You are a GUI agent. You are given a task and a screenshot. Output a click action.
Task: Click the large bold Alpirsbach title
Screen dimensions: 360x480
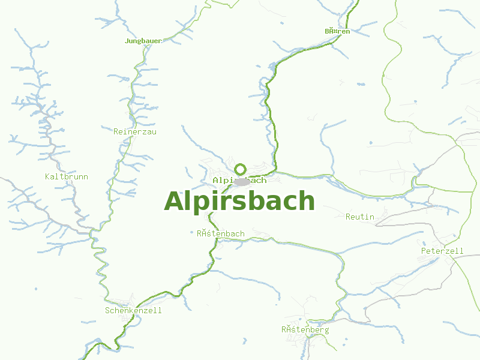click(x=239, y=201)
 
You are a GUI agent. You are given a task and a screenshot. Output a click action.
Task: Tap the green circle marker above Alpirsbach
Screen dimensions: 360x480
click(x=241, y=169)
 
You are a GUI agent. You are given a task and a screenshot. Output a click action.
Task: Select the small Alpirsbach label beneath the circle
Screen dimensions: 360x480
click(x=239, y=180)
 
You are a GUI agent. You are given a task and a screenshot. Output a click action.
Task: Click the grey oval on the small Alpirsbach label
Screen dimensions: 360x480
click(x=242, y=181)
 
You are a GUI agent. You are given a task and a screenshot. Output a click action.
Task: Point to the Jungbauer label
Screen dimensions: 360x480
click(x=143, y=41)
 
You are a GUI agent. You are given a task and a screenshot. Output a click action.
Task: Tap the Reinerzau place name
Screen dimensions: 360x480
click(x=134, y=131)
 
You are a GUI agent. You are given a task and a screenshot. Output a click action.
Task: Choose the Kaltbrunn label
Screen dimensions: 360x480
click(x=67, y=176)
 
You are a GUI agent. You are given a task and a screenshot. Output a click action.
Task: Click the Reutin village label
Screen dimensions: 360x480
click(x=360, y=217)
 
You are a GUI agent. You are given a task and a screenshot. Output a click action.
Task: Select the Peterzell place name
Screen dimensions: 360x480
click(x=442, y=250)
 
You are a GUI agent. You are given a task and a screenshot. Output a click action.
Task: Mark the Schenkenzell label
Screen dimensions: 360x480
click(x=133, y=310)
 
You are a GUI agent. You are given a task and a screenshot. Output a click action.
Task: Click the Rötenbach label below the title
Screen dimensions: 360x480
click(x=221, y=233)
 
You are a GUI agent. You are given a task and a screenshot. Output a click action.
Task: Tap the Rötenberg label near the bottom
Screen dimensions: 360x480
click(x=305, y=329)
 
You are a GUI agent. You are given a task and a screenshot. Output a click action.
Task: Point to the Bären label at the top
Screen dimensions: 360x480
click(x=337, y=31)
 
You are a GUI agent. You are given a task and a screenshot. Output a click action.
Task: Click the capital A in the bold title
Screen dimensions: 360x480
click(x=174, y=201)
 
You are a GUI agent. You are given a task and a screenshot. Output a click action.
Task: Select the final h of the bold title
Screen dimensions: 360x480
click(x=306, y=201)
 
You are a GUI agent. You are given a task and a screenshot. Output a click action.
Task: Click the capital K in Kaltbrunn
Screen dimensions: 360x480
click(x=47, y=176)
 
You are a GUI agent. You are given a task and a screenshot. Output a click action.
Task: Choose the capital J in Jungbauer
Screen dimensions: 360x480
click(x=127, y=41)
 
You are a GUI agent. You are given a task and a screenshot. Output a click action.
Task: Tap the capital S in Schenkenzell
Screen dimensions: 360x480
click(x=107, y=310)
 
